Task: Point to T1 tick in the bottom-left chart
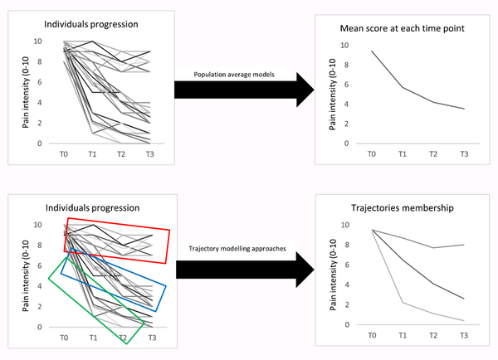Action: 94,338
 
